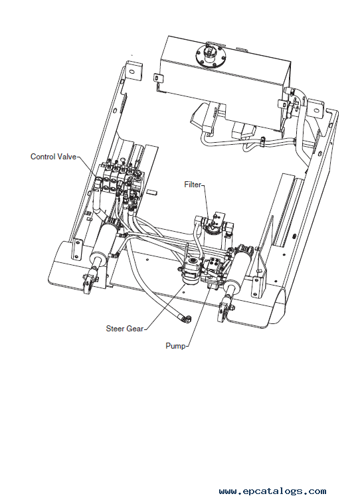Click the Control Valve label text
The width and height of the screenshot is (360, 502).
(53, 157)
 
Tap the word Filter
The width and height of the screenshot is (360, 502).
(193, 185)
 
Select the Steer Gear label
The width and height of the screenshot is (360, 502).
(125, 329)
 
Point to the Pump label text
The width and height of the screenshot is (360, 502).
(175, 346)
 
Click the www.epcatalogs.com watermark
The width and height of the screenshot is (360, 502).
(272, 491)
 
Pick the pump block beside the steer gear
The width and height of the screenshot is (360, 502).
(213, 270)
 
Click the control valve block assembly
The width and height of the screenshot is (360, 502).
(121, 178)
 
